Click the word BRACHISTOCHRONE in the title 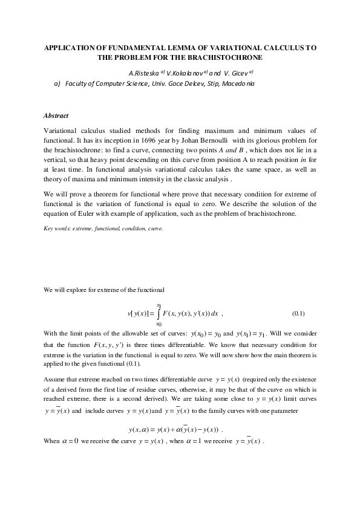(227, 57)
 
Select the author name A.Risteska (144, 73)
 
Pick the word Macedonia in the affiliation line (238, 83)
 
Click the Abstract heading (56, 115)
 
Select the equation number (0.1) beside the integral (298, 314)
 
